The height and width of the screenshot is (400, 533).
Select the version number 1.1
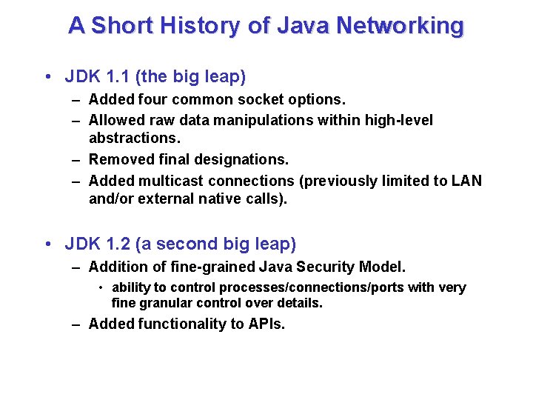coord(114,76)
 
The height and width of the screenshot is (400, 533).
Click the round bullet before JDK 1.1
coord(47,77)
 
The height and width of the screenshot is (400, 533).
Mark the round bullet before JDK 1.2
coord(47,244)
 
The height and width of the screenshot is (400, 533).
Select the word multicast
coord(174,181)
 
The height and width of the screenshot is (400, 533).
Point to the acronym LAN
coord(466,181)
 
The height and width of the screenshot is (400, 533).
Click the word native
coord(220,199)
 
